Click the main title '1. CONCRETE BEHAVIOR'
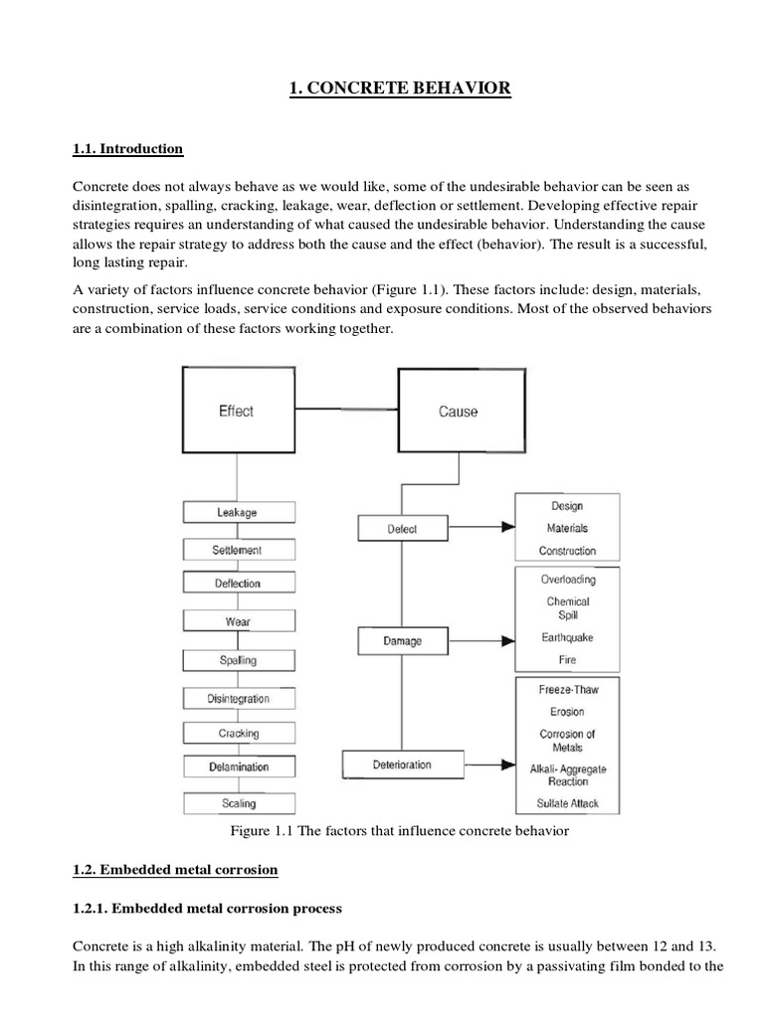(x=400, y=89)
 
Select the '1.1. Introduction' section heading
(x=128, y=149)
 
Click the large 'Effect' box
(x=237, y=411)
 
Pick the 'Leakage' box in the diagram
(x=238, y=512)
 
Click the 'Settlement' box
(x=238, y=549)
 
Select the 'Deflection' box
(x=238, y=584)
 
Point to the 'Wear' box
(x=238, y=621)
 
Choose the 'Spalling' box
(x=238, y=659)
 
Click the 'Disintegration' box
(x=238, y=698)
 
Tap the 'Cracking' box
(x=238, y=733)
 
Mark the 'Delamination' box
(x=238, y=766)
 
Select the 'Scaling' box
(x=238, y=802)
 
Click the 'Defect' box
(x=403, y=530)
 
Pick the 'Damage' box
(x=403, y=641)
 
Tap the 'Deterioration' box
(x=402, y=764)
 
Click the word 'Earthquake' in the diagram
(x=567, y=637)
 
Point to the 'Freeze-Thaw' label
(x=567, y=689)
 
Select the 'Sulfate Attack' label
(x=567, y=803)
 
